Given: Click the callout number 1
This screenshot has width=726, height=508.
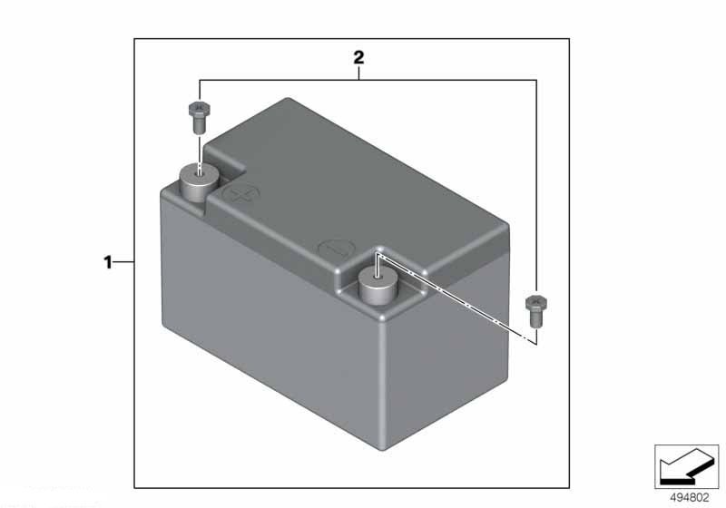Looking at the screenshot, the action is coord(108,262).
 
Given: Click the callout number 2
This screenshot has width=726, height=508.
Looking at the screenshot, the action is coord(358,58).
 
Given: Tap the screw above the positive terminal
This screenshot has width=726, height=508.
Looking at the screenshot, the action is coord(199,117).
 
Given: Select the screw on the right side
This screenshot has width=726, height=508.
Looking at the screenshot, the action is coord(536,311).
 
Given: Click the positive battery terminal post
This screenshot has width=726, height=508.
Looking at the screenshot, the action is coord(199,182).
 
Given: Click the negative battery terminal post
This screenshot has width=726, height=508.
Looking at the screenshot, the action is coord(378,286).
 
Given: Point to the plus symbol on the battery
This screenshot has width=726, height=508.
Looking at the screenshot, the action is coord(241,194).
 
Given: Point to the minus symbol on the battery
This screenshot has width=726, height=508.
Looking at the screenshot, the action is coord(336,249).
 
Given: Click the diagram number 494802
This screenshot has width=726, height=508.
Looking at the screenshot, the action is coord(690,498).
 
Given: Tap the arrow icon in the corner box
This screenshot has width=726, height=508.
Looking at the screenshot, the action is coord(686,466).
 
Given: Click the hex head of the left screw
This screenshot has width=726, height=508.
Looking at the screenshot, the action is coord(199,109).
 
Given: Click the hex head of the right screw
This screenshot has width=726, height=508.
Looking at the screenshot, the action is coord(536,303).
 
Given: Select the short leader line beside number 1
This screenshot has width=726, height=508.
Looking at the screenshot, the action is coord(123,262).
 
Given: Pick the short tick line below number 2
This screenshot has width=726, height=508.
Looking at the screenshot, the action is coord(358,73).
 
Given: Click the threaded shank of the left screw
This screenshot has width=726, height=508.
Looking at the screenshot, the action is coord(199,126).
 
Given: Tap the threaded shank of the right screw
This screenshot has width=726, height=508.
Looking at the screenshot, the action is coord(536,320).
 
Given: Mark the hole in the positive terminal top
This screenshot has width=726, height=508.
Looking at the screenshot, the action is coord(199,172).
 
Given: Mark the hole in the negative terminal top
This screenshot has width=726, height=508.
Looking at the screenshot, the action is coord(378,276).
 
